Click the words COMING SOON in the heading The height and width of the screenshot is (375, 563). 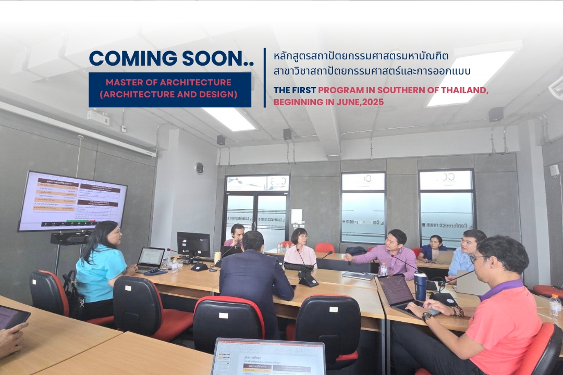point(171,58)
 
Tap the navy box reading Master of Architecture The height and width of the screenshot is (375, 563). point(170,89)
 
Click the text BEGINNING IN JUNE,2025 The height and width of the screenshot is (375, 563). point(328,103)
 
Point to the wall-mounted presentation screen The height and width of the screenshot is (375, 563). point(72,201)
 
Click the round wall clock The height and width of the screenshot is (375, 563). point(199,168)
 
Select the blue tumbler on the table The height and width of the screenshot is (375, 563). point(420,286)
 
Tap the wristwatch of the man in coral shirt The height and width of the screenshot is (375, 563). point(427,316)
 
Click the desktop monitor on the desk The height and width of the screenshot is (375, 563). point(193,244)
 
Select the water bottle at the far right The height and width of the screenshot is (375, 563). point(556,306)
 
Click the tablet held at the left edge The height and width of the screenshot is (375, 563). point(13,317)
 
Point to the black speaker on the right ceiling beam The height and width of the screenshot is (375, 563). point(496,114)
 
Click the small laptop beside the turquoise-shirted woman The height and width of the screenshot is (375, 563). point(151,257)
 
